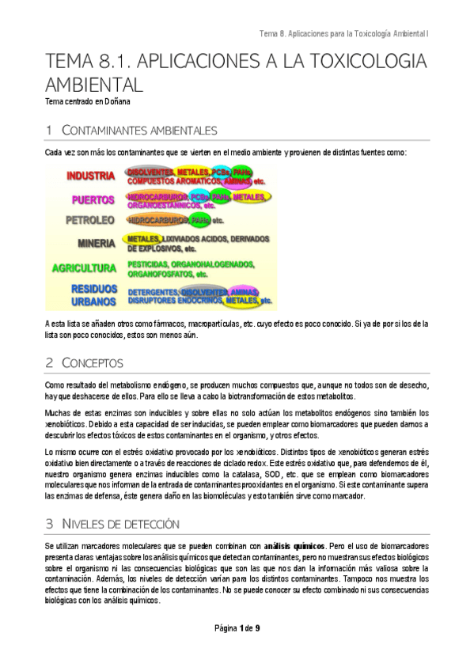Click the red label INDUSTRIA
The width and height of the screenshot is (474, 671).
[x=90, y=176]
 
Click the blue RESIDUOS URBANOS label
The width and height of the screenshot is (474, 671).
[x=94, y=295]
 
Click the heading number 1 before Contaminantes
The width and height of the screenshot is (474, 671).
[x=49, y=130]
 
